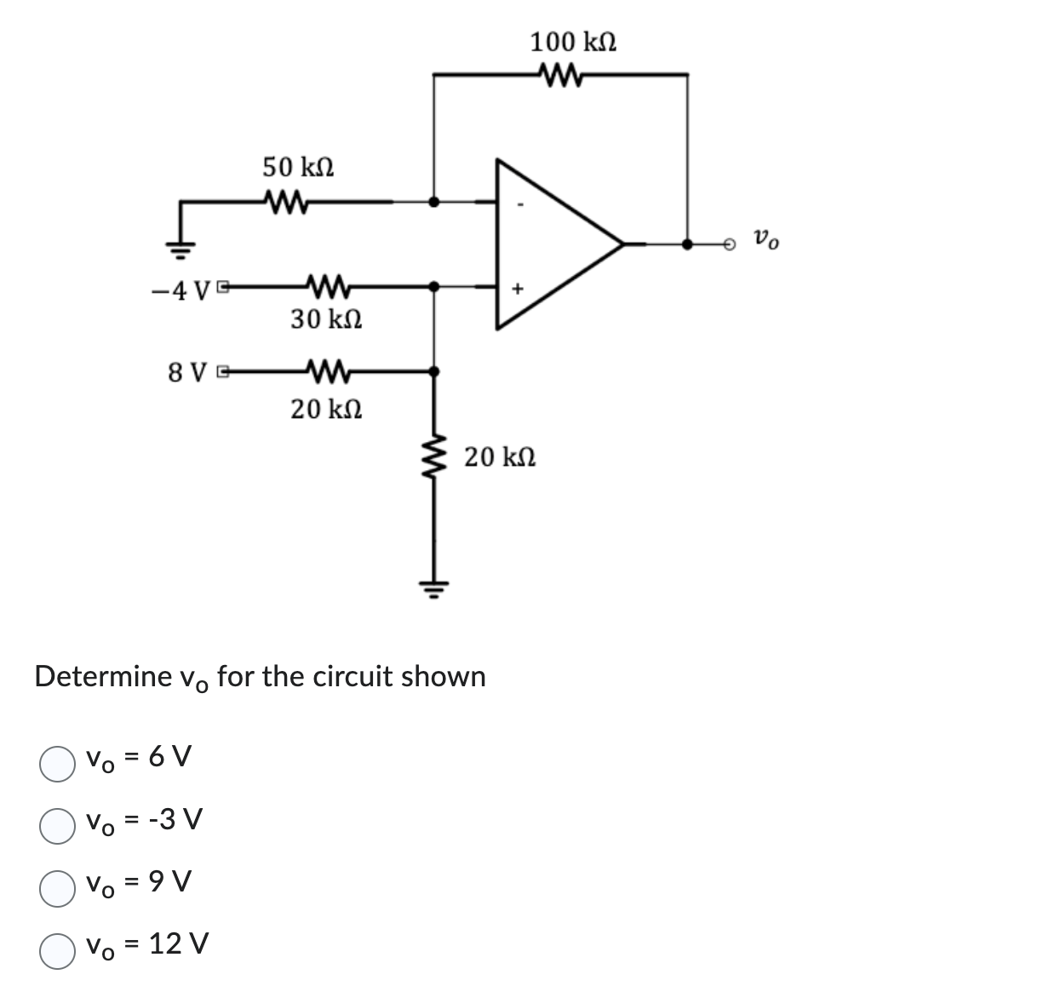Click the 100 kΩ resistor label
(573, 41)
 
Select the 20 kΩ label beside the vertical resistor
(500, 457)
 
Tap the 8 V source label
(189, 373)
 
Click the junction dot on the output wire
(688, 244)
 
